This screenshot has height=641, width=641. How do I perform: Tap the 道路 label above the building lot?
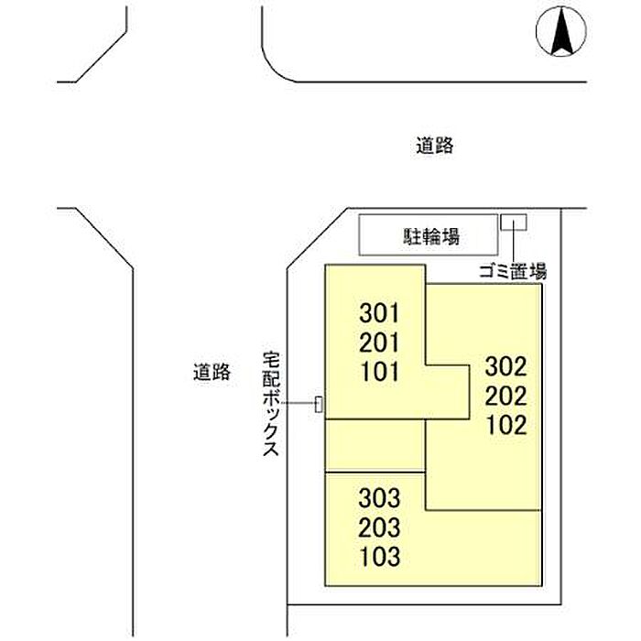pos(435,146)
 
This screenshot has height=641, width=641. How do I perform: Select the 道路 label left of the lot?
pos(212,372)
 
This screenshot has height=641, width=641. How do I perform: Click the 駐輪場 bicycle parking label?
pos(431,236)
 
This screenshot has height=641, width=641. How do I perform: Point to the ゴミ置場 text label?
pos(513,271)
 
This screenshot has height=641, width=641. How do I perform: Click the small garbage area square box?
pos(514,223)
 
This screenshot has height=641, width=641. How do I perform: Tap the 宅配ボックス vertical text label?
pos(271,404)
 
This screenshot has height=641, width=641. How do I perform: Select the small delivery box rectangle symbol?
pos(319,404)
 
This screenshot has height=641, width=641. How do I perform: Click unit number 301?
pos(379,313)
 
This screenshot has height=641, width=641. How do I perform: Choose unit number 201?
pos(379,342)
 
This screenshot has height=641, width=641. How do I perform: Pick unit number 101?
pos(379,372)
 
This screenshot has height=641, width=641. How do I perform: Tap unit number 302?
pos(505,366)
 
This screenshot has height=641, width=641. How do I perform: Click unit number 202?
pos(505,397)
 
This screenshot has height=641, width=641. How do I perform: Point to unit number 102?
pos(506,425)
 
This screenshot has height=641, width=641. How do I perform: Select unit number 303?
pos(379,498)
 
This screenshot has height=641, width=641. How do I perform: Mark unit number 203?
pos(379,527)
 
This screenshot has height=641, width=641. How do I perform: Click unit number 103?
pos(380,557)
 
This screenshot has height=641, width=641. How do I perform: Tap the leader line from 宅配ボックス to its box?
pos(298,404)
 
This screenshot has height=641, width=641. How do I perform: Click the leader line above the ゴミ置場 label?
pos(514,246)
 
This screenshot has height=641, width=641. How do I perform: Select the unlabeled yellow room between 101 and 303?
pos(375,446)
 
